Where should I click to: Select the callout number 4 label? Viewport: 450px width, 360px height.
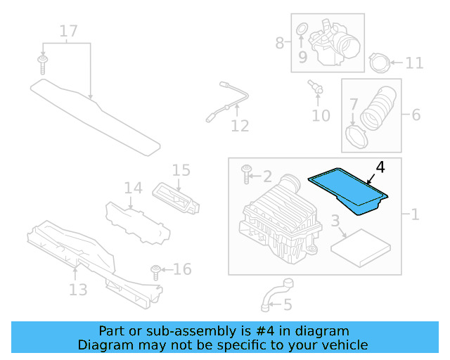380,167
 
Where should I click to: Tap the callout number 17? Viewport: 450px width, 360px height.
68,31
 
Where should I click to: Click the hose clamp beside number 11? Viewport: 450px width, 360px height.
379,63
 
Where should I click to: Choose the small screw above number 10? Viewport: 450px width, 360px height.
314,87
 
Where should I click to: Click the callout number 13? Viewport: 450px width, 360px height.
77,290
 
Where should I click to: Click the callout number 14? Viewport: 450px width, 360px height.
133,188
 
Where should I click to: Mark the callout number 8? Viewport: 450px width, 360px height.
280,43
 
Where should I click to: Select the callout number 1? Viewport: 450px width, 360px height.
414,214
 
